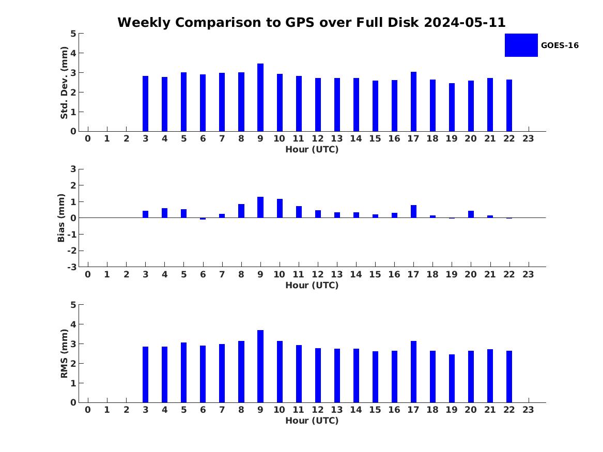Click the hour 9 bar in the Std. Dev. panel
pyautogui.click(x=260, y=98)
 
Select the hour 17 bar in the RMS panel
pyautogui.click(x=413, y=371)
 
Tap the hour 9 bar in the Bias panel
pyautogui.click(x=260, y=207)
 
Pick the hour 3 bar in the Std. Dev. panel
pyautogui.click(x=146, y=103)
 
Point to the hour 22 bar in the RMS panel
pyautogui.click(x=509, y=377)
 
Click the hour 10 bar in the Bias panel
pyautogui.click(x=280, y=208)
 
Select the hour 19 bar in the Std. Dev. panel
pyautogui.click(x=452, y=107)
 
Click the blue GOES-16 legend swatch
pyautogui.click(x=521, y=45)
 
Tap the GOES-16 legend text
pyautogui.click(x=560, y=45)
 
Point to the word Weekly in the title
pyautogui.click(x=142, y=23)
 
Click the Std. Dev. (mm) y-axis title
pyautogui.click(x=65, y=83)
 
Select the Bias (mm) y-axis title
pyautogui.click(x=62, y=218)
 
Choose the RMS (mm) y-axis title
pyautogui.click(x=65, y=353)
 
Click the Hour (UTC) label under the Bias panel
pyautogui.click(x=312, y=285)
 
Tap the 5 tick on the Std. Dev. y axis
pyautogui.click(x=73, y=34)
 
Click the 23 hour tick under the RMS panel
pyautogui.click(x=528, y=410)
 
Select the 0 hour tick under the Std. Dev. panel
pyautogui.click(x=88, y=139)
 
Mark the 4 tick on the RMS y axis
pyautogui.click(x=73, y=324)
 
